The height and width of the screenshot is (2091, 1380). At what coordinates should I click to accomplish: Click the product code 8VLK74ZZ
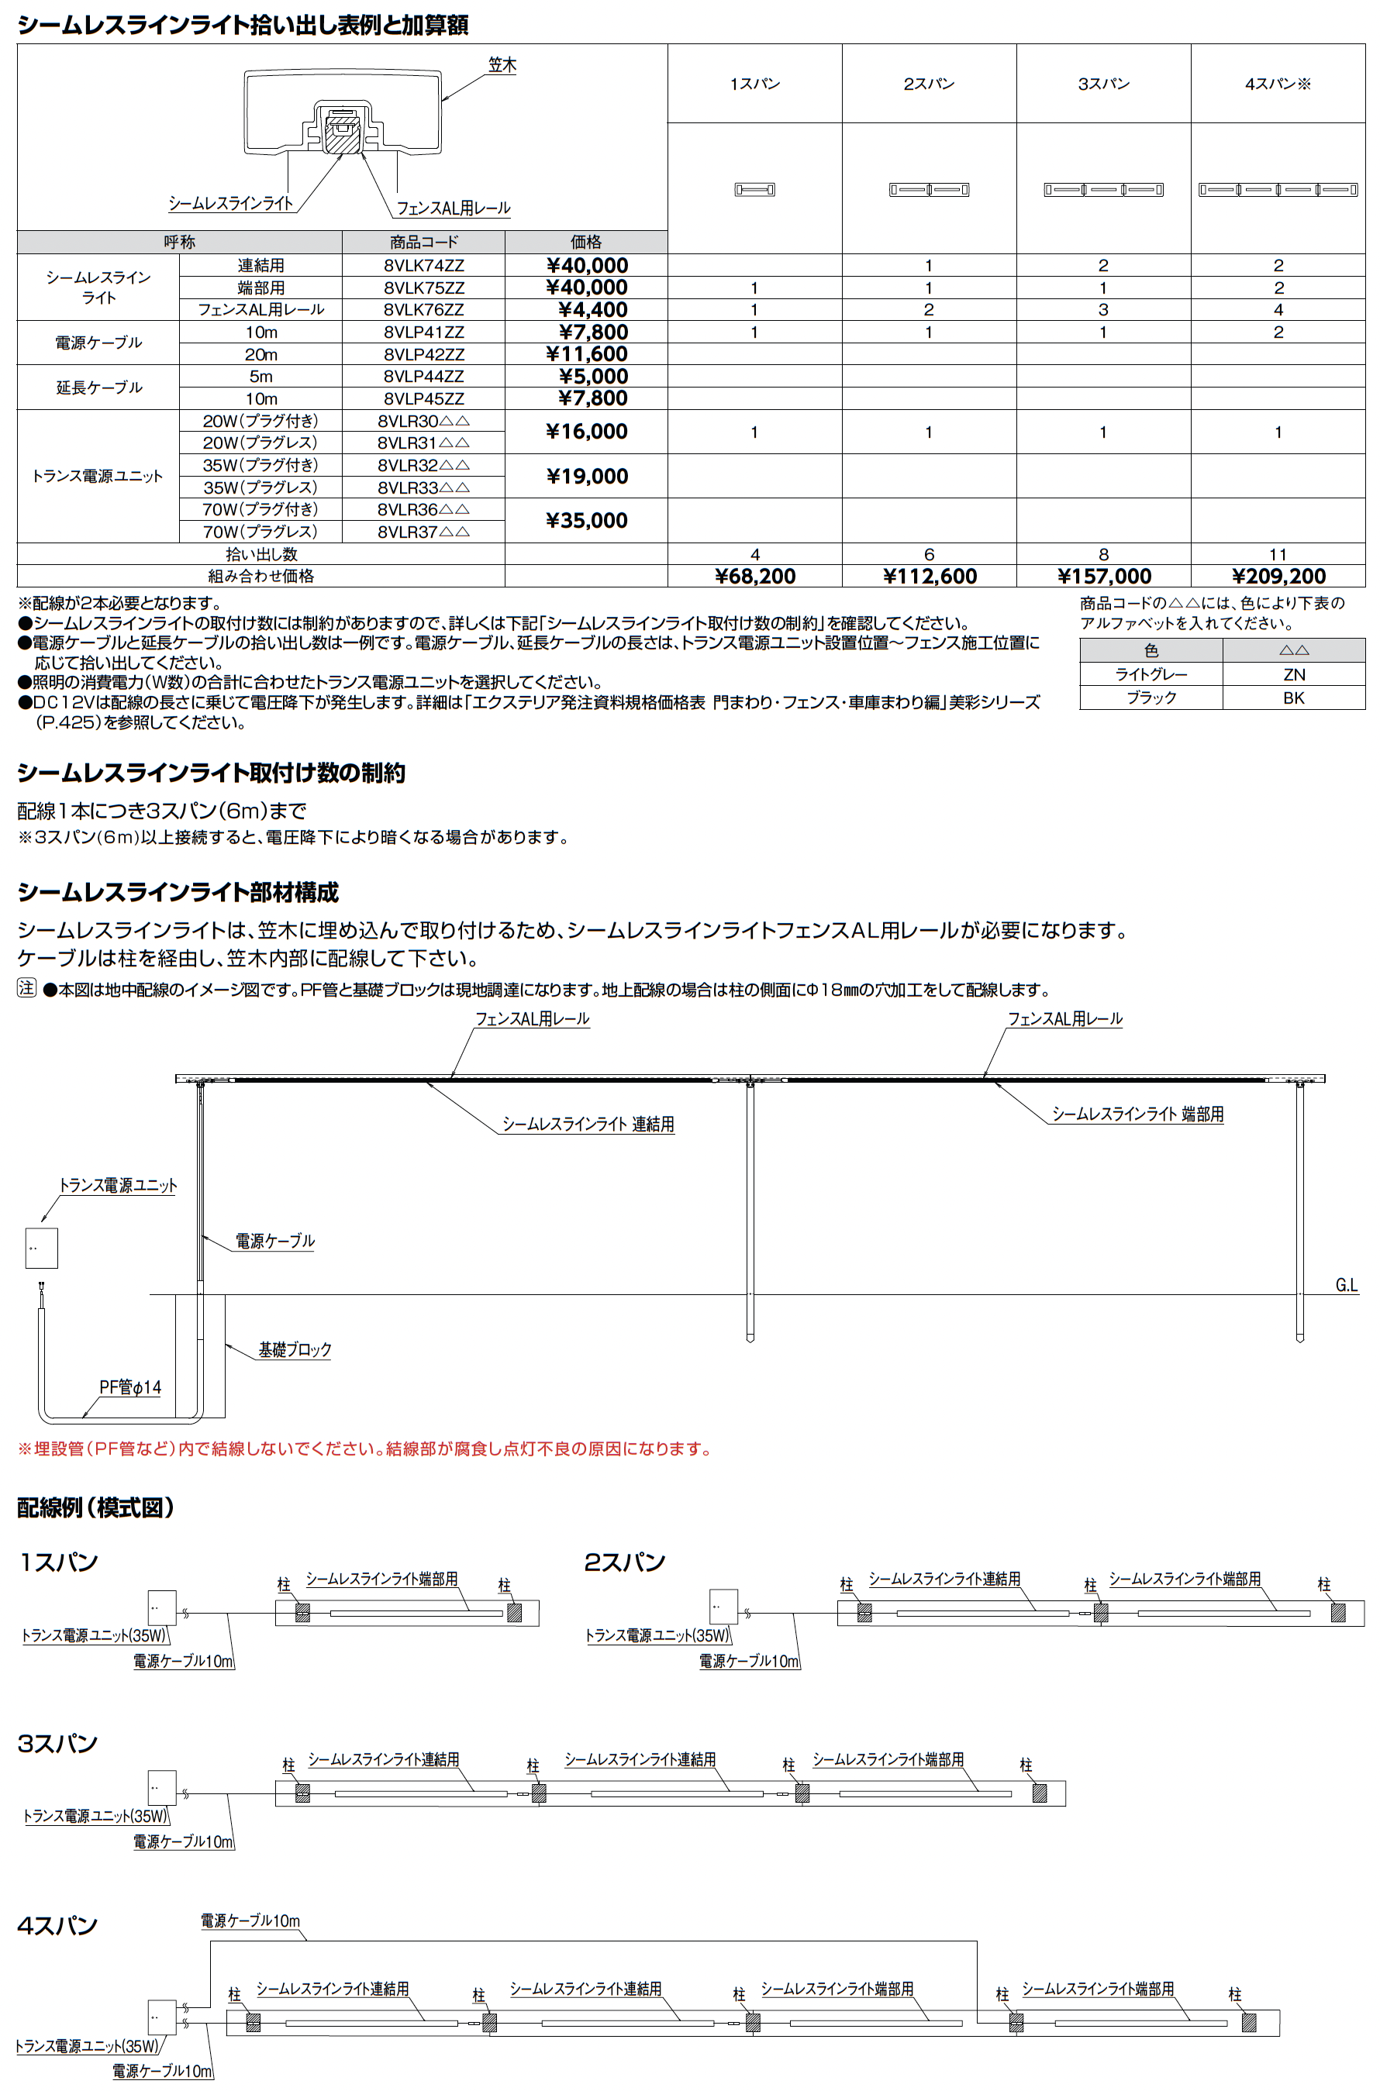423,266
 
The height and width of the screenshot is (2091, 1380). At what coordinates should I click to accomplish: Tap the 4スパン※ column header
1278,84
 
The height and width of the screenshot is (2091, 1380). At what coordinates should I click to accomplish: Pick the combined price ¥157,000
1104,576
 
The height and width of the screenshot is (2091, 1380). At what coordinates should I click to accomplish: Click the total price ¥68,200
754,576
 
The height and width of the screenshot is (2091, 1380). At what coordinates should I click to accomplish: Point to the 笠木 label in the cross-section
502,65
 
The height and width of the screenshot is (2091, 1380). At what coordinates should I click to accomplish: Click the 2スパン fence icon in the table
929,189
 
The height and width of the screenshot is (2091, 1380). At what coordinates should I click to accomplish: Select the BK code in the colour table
1293,698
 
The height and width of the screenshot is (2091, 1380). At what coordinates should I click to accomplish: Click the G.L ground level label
1346,1285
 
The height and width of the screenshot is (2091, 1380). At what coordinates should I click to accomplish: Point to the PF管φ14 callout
129,1387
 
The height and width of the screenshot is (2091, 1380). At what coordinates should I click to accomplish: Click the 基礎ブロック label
295,1349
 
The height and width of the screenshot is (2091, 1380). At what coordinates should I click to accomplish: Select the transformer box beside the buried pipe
41,1247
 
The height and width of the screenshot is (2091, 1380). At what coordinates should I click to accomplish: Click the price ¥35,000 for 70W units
586,521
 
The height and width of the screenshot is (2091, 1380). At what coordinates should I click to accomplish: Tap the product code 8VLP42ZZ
423,354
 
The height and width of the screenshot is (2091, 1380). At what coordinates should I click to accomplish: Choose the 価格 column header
586,242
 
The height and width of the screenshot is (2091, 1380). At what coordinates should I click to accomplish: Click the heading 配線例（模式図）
96,1507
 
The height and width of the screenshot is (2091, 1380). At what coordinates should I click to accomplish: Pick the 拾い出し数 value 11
1278,554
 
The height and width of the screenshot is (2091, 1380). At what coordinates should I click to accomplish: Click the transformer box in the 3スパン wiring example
162,1787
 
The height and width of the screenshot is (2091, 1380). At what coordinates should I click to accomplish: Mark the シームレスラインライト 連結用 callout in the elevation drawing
588,1125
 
